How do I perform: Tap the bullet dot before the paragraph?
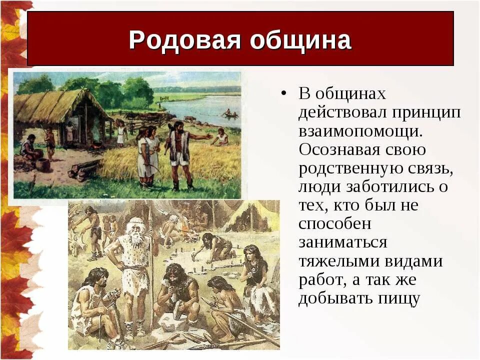coord(284,93)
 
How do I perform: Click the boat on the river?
coord(229,114)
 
